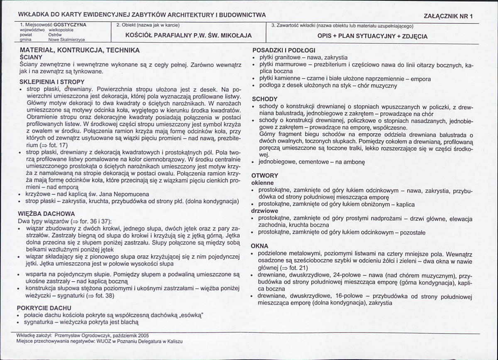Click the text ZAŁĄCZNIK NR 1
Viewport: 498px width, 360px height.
tap(449, 16)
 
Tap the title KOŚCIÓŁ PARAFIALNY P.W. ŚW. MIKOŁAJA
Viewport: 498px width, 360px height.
tap(188, 36)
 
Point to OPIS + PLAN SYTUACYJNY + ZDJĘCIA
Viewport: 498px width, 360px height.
tap(372, 36)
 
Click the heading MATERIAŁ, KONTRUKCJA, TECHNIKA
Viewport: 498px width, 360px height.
tap(79, 50)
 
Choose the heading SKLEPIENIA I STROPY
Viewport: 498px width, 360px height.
tap(52, 82)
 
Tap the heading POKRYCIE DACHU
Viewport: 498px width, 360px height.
tap(44, 308)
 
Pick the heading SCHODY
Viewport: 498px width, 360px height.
tap(265, 99)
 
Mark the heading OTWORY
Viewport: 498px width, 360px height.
tap(265, 176)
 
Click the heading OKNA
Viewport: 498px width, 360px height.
tap(260, 246)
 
